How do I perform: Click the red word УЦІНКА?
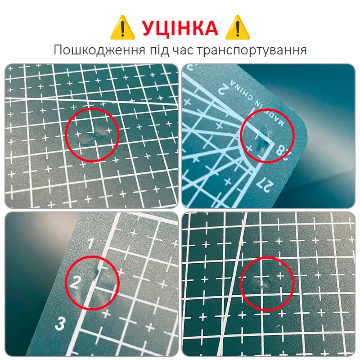(180, 28)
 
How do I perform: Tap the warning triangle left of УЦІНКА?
(122, 27)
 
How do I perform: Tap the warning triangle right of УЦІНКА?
(238, 27)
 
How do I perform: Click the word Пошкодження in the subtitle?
(99, 50)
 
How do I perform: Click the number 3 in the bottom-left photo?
(60, 324)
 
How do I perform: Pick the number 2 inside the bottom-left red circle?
(75, 283)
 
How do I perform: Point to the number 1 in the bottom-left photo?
(91, 243)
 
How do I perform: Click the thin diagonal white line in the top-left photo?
(92, 101)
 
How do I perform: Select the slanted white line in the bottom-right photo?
(232, 285)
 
